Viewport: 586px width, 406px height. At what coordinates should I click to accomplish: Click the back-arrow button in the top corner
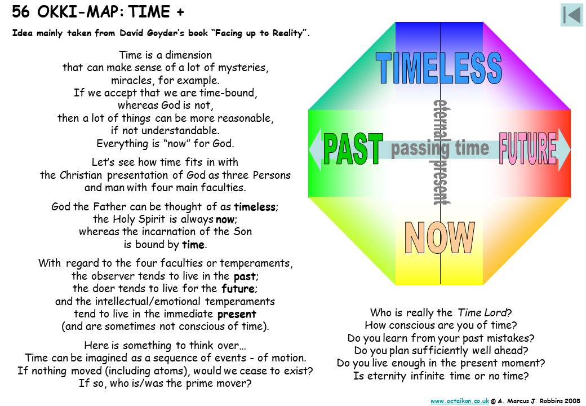pyautogui.click(x=571, y=15)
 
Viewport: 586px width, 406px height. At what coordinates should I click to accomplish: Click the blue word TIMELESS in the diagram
pyautogui.click(x=439, y=68)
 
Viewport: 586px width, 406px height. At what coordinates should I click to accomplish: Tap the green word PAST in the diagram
pyautogui.click(x=353, y=149)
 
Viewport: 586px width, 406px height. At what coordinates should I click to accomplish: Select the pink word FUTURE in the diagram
pyautogui.click(x=528, y=148)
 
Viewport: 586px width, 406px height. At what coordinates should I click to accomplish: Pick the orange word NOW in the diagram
pyautogui.click(x=439, y=237)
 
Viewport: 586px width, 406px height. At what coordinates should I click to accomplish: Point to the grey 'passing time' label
pyautogui.click(x=440, y=148)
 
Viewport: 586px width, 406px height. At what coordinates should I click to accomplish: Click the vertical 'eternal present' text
pyautogui.click(x=441, y=152)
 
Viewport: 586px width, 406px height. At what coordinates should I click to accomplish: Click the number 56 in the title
pyautogui.click(x=20, y=12)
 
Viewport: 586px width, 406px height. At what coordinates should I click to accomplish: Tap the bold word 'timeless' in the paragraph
pyautogui.click(x=255, y=207)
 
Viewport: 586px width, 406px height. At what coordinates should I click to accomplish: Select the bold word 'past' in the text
pyautogui.click(x=245, y=277)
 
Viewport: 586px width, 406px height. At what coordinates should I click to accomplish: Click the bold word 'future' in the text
pyautogui.click(x=238, y=289)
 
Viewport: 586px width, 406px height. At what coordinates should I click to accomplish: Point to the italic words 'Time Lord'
pyautogui.click(x=482, y=312)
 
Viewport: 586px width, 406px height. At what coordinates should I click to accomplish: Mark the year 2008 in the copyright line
pyautogui.click(x=572, y=401)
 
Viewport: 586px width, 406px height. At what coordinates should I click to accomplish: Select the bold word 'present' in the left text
pyautogui.click(x=237, y=315)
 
